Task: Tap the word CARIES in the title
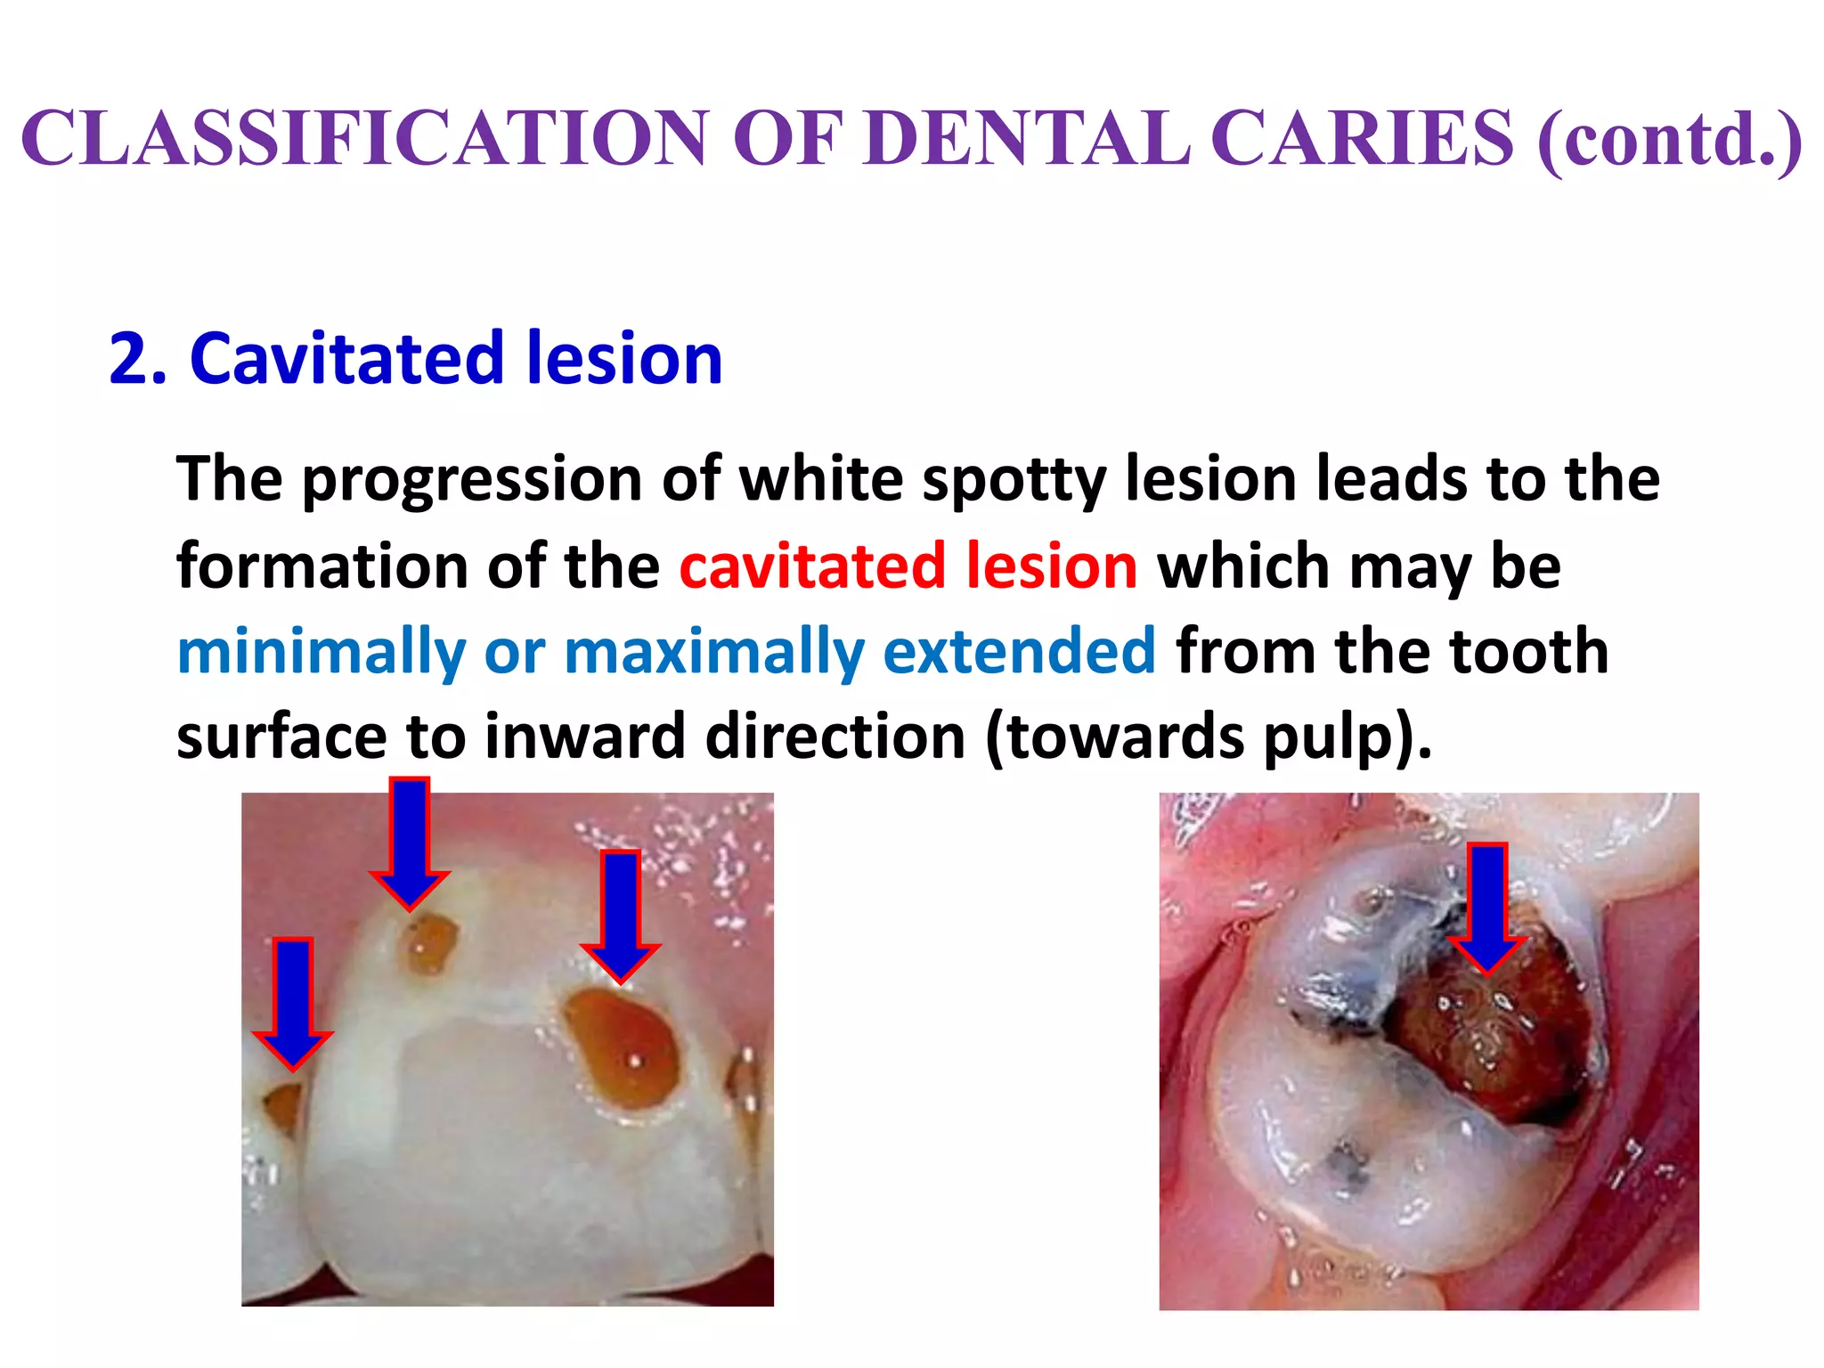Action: coord(1362,138)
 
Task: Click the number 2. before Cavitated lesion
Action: coord(137,359)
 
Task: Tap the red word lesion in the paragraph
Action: coord(1052,566)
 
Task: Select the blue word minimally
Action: coord(321,653)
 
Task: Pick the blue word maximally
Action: coord(713,653)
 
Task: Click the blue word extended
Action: coord(1019,651)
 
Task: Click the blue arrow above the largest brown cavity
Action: coord(621,913)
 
